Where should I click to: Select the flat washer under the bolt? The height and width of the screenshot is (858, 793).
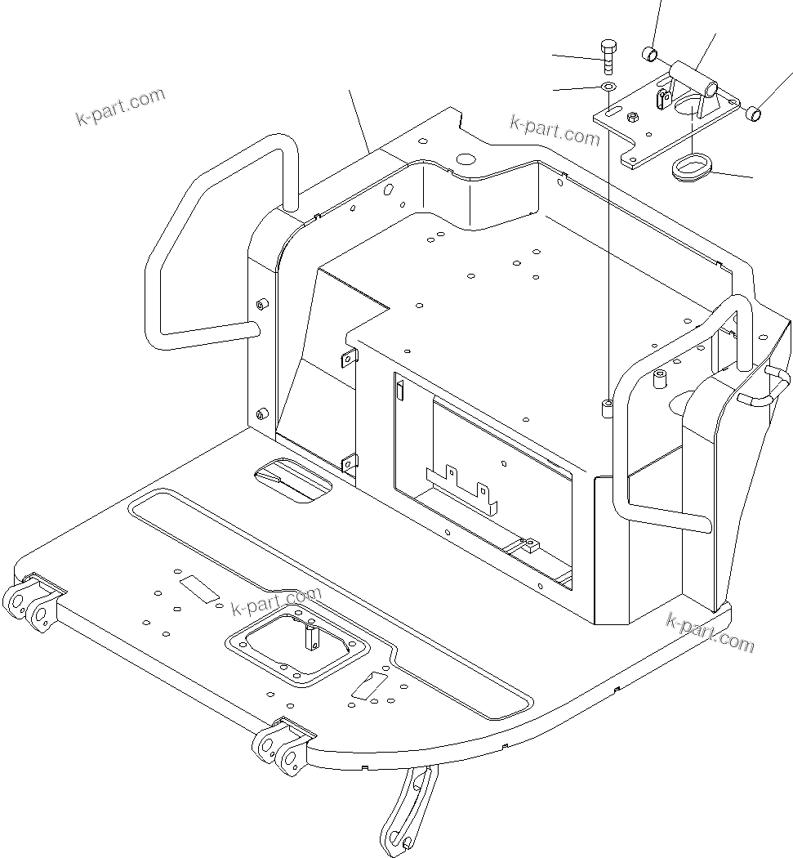click(608, 86)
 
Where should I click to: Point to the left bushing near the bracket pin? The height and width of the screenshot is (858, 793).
click(651, 54)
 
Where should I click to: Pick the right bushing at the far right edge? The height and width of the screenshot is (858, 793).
click(755, 114)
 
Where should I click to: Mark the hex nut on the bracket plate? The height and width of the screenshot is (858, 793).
click(632, 118)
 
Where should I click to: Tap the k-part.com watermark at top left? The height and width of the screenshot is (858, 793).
click(120, 107)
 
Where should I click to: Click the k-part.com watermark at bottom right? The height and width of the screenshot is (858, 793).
click(711, 632)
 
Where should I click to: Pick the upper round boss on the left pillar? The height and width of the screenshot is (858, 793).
click(262, 305)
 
